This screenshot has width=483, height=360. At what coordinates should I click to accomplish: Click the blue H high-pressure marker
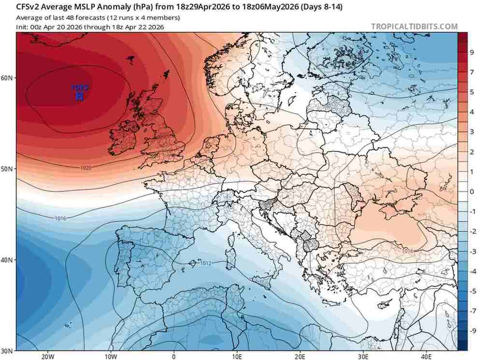pyautogui.click(x=80, y=96)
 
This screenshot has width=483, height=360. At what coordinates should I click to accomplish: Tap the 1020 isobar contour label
pyautogui.click(x=86, y=168)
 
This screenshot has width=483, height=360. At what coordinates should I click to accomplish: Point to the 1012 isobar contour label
pyautogui.click(x=206, y=263)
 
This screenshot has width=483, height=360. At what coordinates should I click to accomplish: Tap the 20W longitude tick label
pyautogui.click(x=47, y=356)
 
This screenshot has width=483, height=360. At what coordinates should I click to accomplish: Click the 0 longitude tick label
pyautogui.click(x=174, y=356)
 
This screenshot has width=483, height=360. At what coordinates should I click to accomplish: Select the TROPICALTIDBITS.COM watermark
pyautogui.click(x=414, y=27)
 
